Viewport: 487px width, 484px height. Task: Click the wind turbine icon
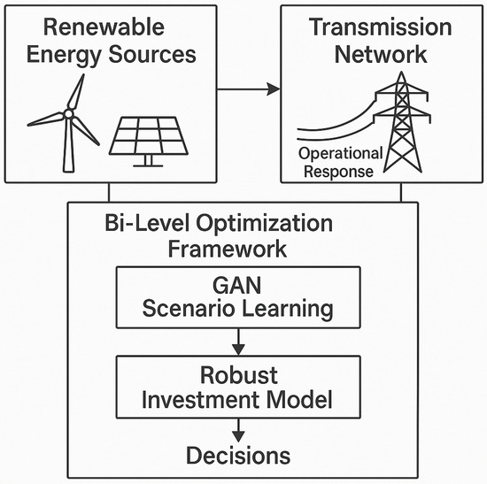click(66, 124)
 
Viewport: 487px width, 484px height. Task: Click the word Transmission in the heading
click(381, 26)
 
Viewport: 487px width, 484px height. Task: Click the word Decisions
click(236, 456)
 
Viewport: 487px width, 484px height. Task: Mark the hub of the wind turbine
click(68, 114)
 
